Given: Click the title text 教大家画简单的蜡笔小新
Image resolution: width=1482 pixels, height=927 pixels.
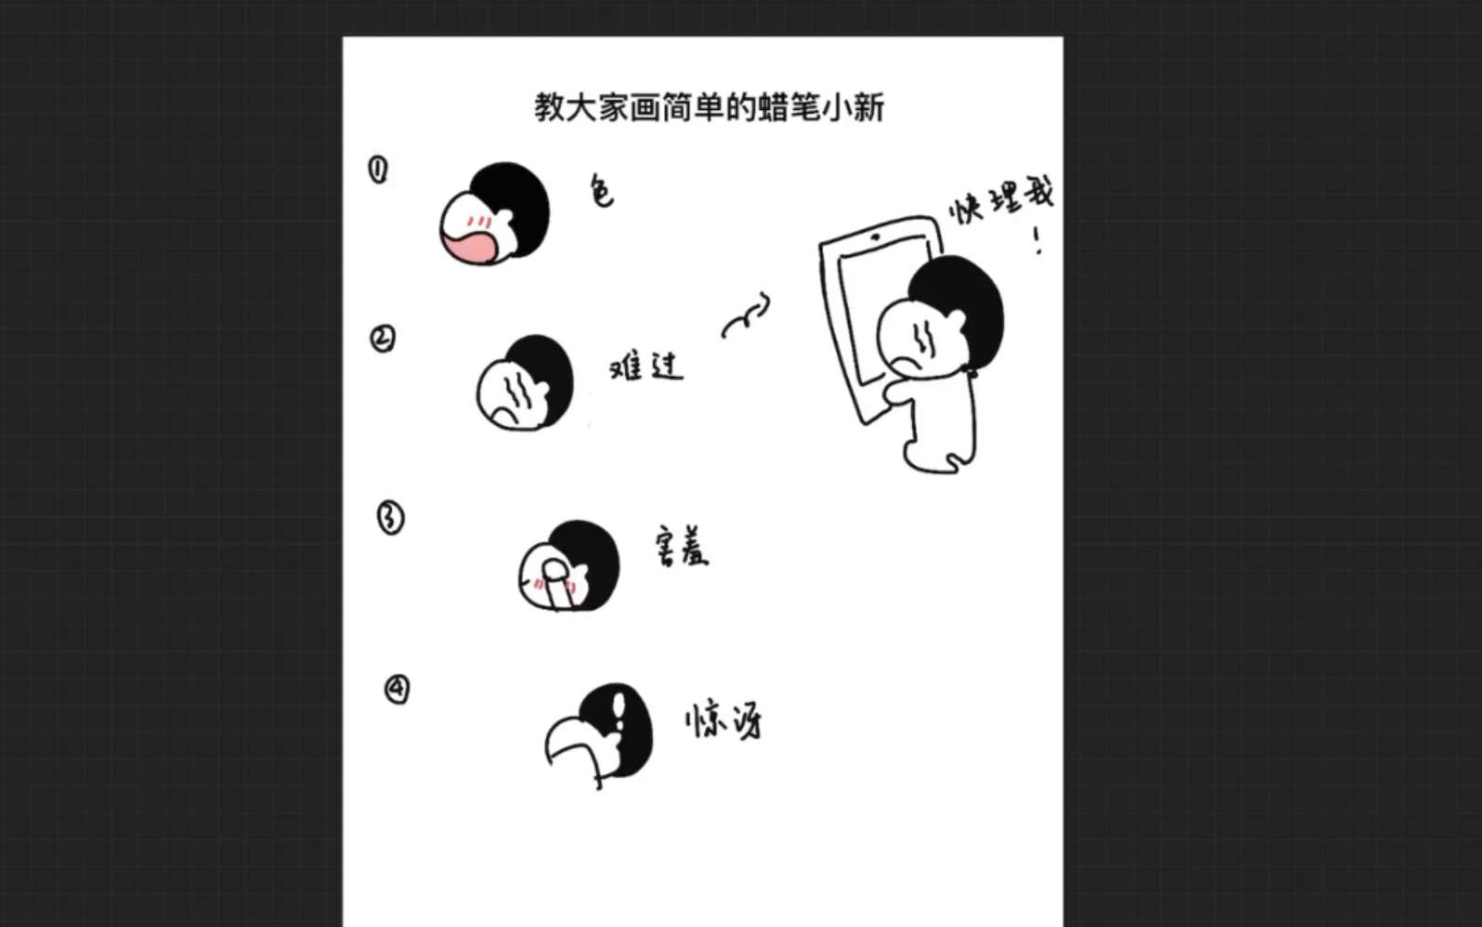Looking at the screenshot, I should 709,108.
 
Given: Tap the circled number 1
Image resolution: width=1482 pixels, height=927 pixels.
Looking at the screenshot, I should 378,170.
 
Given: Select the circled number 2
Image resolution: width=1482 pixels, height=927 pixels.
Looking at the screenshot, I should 383,338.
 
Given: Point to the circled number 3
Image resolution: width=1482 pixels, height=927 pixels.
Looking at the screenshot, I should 390,518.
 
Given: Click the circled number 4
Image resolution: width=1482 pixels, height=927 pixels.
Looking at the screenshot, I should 397,689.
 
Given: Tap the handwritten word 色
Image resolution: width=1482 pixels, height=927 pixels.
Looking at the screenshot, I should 602,191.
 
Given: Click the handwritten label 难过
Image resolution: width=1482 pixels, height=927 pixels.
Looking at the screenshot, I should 646,366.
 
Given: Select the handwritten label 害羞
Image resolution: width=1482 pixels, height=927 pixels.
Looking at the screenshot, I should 682,548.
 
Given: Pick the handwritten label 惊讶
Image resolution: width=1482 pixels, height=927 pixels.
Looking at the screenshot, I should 724,720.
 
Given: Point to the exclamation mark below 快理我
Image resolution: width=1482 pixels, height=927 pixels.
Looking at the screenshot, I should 1038,241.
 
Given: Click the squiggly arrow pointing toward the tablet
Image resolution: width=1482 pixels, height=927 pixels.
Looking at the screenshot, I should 746,317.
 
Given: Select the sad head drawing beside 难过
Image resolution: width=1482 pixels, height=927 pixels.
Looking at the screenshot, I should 523,383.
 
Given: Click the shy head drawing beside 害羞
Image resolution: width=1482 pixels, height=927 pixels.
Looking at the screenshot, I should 568,566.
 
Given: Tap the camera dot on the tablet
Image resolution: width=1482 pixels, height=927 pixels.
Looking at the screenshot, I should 876,238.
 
